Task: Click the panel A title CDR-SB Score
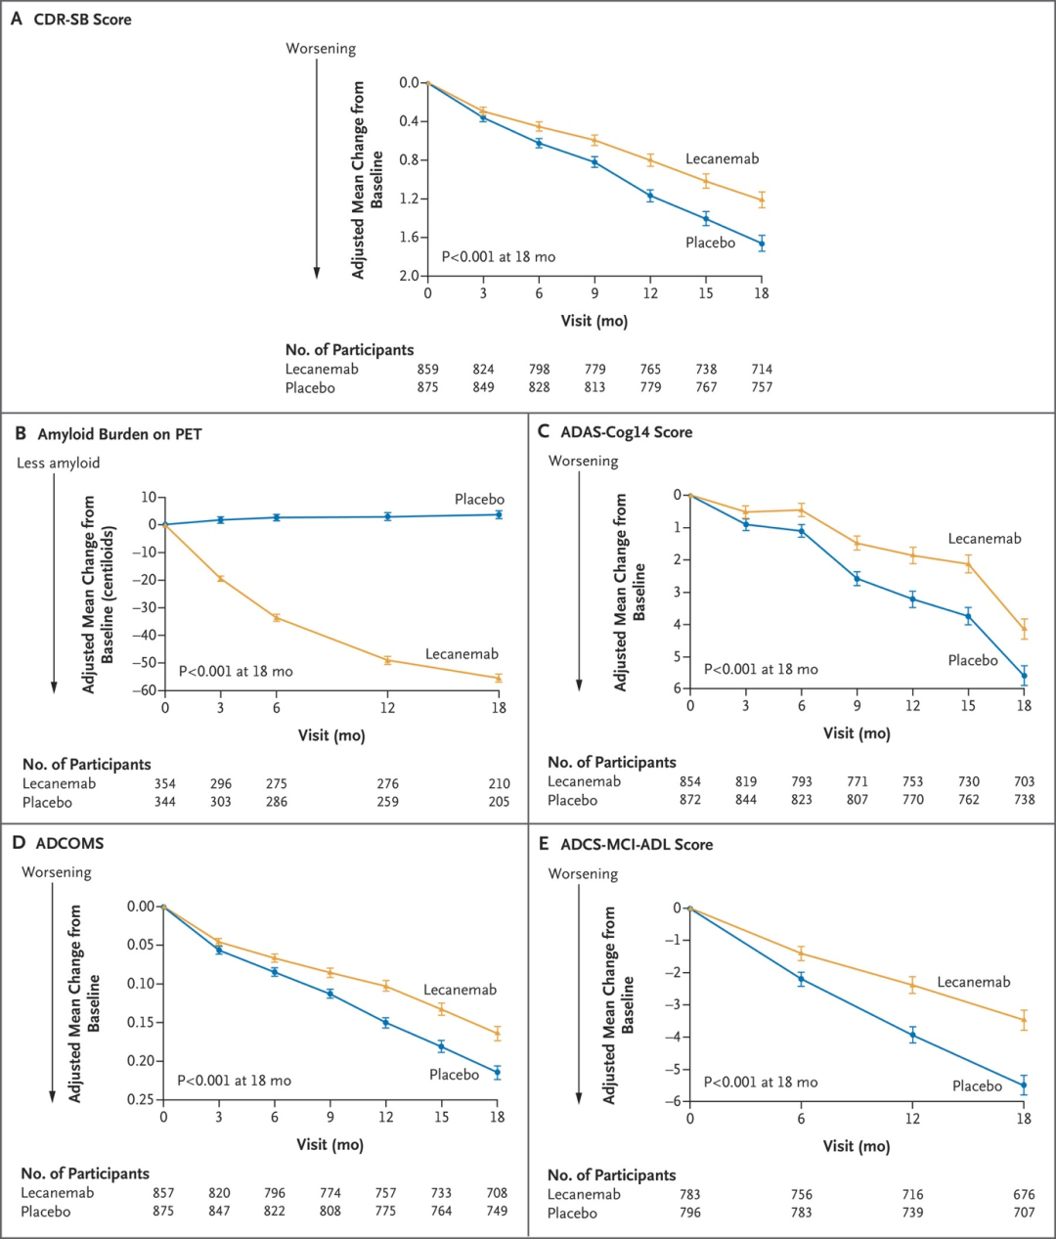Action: (82, 20)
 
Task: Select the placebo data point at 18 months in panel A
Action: (762, 243)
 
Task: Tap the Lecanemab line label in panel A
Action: (722, 158)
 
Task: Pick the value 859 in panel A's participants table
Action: (427, 370)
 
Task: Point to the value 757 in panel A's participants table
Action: (762, 388)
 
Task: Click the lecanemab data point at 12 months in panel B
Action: (388, 660)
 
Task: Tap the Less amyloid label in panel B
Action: (58, 464)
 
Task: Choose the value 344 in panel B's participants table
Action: (164, 803)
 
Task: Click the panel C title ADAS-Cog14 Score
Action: (626, 432)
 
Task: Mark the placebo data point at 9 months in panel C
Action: (858, 579)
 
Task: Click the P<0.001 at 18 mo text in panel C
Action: (761, 670)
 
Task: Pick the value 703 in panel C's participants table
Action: (1024, 781)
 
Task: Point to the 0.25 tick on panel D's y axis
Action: (141, 1100)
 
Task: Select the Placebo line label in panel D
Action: (454, 1075)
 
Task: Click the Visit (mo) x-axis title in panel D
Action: (330, 1145)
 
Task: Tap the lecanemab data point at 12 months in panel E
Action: (913, 986)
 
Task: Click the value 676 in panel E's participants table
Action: (1024, 1195)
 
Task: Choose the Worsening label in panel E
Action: (583, 874)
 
